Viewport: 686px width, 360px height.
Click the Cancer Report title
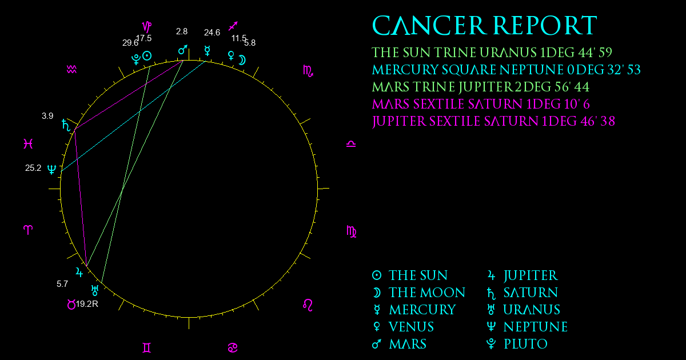click(485, 26)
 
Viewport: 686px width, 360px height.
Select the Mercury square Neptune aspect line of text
click(506, 70)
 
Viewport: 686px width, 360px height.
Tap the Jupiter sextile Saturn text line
click(493, 122)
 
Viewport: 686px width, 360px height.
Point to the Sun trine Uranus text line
click(492, 53)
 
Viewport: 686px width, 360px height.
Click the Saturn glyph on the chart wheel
click(66, 125)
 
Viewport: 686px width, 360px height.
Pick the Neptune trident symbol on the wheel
click(52, 169)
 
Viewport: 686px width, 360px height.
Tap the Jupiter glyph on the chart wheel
click(79, 272)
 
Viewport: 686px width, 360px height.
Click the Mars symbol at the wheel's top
click(183, 50)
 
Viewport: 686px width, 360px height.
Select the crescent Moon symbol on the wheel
click(242, 60)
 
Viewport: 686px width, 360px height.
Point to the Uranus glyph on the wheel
click(95, 290)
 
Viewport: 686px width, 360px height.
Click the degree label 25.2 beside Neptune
click(33, 168)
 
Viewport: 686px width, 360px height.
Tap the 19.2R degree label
click(87, 304)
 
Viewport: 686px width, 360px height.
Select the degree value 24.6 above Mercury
click(212, 33)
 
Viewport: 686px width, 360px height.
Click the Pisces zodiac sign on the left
click(28, 143)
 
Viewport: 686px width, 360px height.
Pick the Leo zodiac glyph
click(308, 305)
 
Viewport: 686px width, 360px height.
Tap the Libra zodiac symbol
click(351, 144)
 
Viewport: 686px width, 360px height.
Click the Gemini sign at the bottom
click(147, 348)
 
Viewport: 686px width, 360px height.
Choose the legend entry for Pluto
click(517, 344)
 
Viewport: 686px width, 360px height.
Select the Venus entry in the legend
click(404, 327)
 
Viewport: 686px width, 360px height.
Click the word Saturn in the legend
click(531, 293)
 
